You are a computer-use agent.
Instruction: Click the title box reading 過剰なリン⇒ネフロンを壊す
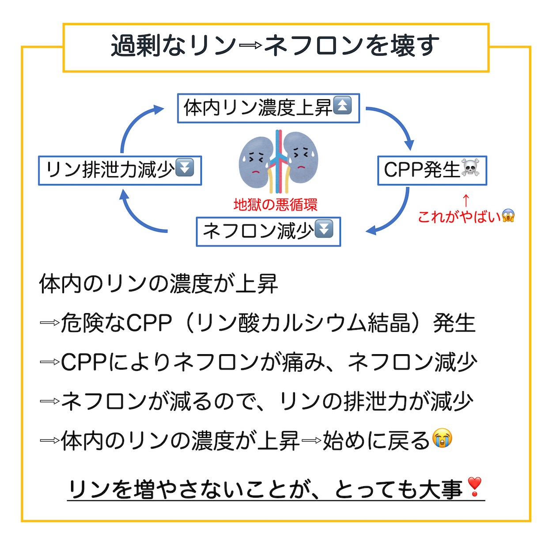[276, 48]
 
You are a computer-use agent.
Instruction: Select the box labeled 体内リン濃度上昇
[268, 108]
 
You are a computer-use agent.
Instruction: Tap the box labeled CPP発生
[432, 170]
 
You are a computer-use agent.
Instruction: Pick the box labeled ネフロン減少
[268, 231]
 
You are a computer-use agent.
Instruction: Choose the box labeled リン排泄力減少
[120, 170]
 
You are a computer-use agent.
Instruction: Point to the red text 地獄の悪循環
[275, 205]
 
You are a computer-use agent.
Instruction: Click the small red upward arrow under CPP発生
[466, 200]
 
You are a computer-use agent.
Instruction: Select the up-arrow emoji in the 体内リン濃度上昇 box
[342, 106]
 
